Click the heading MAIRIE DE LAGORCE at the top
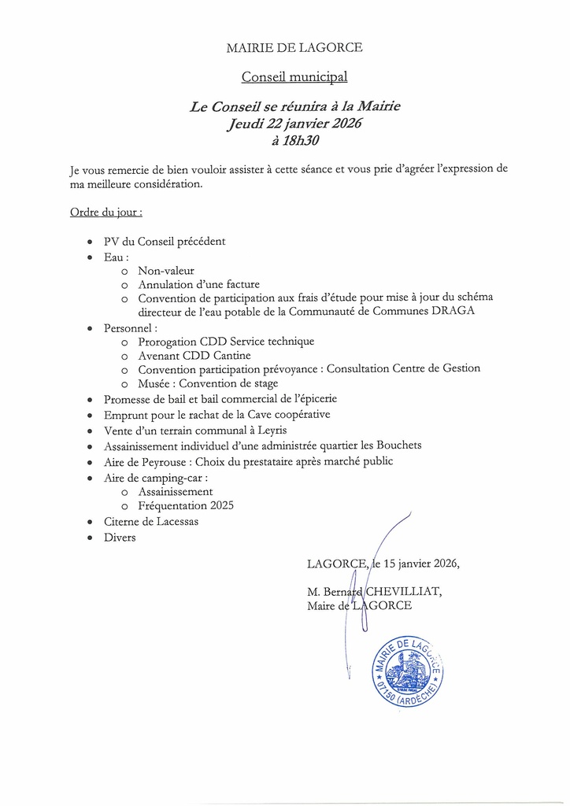coord(294,48)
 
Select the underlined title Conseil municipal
coord(294,77)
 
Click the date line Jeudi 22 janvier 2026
coord(294,124)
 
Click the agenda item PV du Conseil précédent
coord(165,242)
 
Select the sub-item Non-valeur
coord(166,271)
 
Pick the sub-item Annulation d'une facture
coord(198,284)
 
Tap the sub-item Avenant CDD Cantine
coord(200,354)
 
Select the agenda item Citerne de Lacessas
coord(151,521)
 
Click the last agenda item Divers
coord(120,537)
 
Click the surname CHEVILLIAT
coord(402,591)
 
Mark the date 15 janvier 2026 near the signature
coord(421,564)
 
